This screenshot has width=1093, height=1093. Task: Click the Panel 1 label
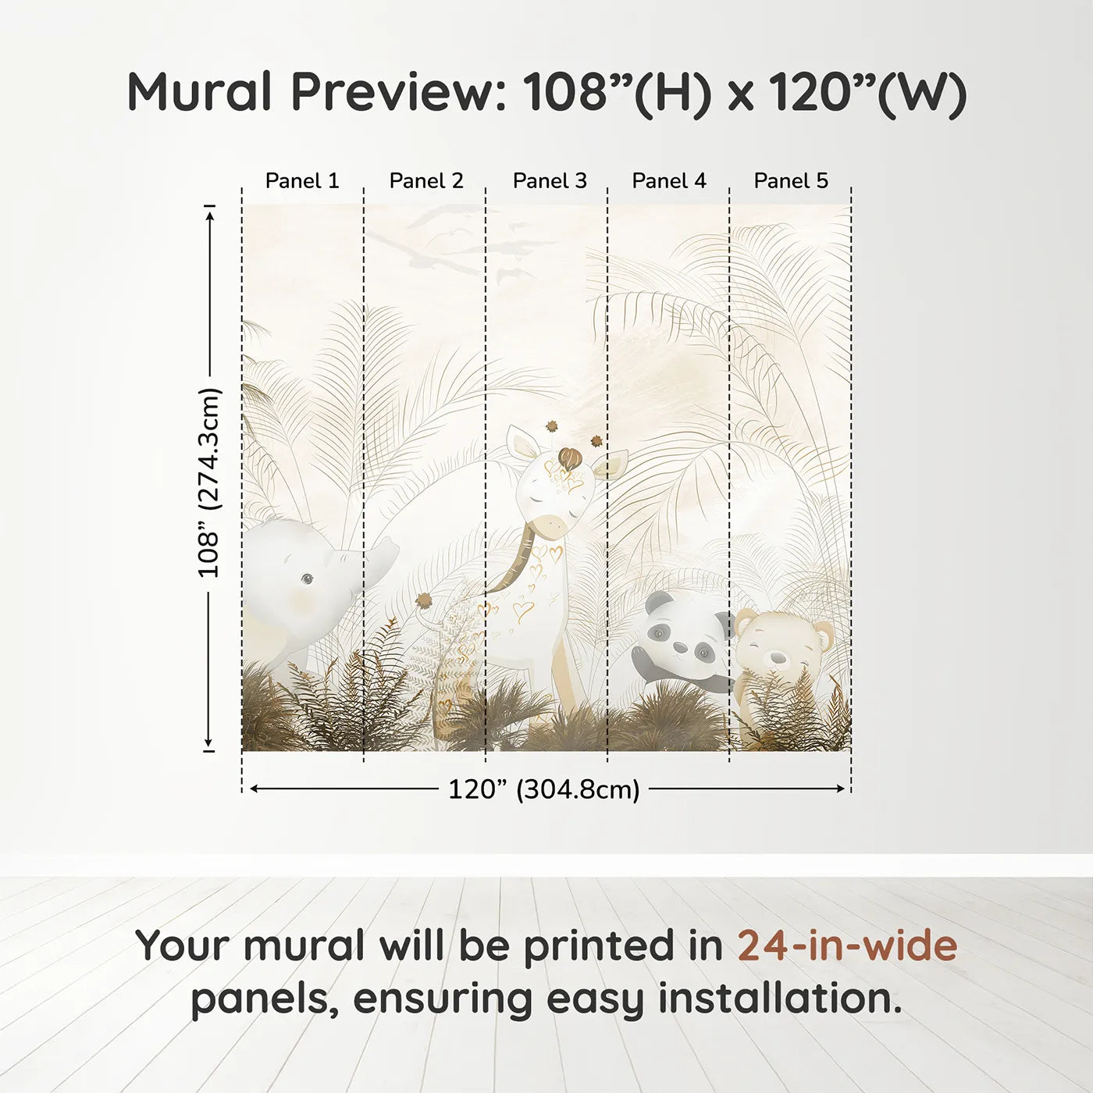coord(302,181)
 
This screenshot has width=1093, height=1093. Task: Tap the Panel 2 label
coord(426,181)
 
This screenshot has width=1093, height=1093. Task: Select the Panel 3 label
coord(550,181)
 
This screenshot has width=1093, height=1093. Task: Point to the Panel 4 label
coord(669,181)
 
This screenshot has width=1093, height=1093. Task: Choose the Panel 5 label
coord(791,181)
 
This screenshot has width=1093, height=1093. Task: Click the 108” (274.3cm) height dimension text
coord(209,482)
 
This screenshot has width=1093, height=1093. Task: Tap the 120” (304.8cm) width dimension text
coord(543,789)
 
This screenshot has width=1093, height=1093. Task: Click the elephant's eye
coord(307,579)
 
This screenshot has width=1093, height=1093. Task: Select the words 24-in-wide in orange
coord(847,945)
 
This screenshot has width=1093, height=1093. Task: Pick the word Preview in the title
coord(399,92)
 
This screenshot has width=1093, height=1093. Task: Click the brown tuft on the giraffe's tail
coord(424,600)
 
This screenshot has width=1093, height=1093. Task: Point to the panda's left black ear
coord(658,600)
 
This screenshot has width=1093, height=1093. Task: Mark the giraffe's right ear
coord(608,467)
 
